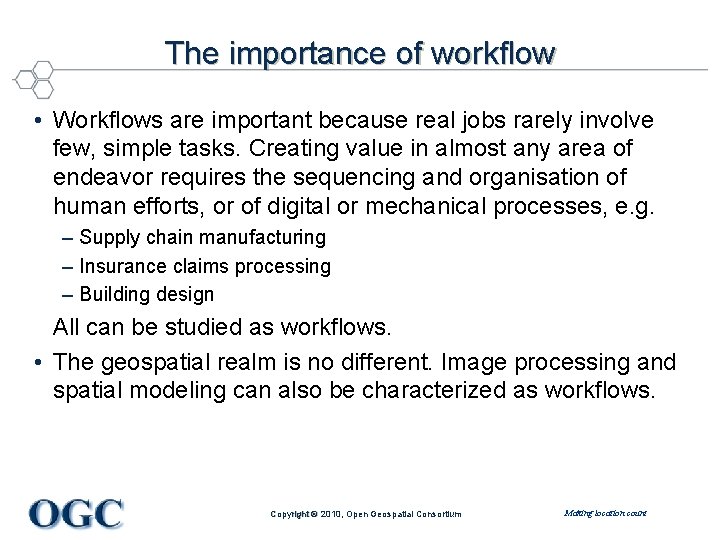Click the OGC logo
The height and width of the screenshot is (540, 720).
click(x=76, y=513)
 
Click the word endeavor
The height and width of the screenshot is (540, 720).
click(x=108, y=177)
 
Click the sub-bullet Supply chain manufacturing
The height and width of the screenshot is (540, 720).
click(x=202, y=238)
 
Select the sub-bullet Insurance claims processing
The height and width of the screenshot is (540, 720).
click(x=204, y=266)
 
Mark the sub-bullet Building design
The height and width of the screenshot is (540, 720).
click(x=146, y=294)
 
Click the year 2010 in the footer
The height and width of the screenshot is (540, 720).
click(x=327, y=514)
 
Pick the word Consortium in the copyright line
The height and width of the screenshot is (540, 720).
click(x=438, y=514)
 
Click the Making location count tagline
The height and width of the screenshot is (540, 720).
click(x=605, y=513)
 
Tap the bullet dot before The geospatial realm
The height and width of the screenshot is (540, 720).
click(x=35, y=362)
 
